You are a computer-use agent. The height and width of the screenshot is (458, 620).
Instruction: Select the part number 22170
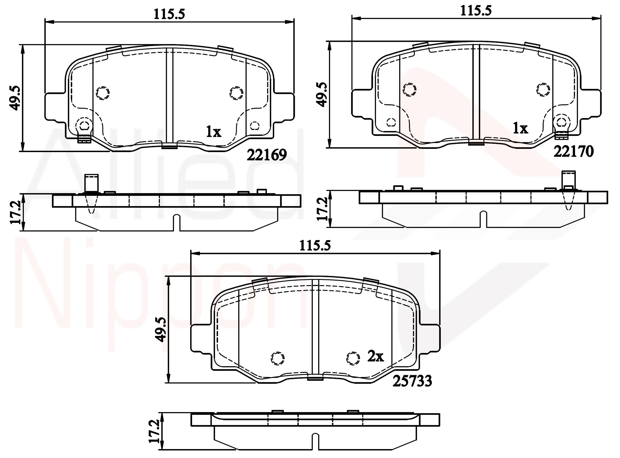pos(573,151)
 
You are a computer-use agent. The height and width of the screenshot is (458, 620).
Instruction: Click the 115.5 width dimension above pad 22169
pos(169,14)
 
